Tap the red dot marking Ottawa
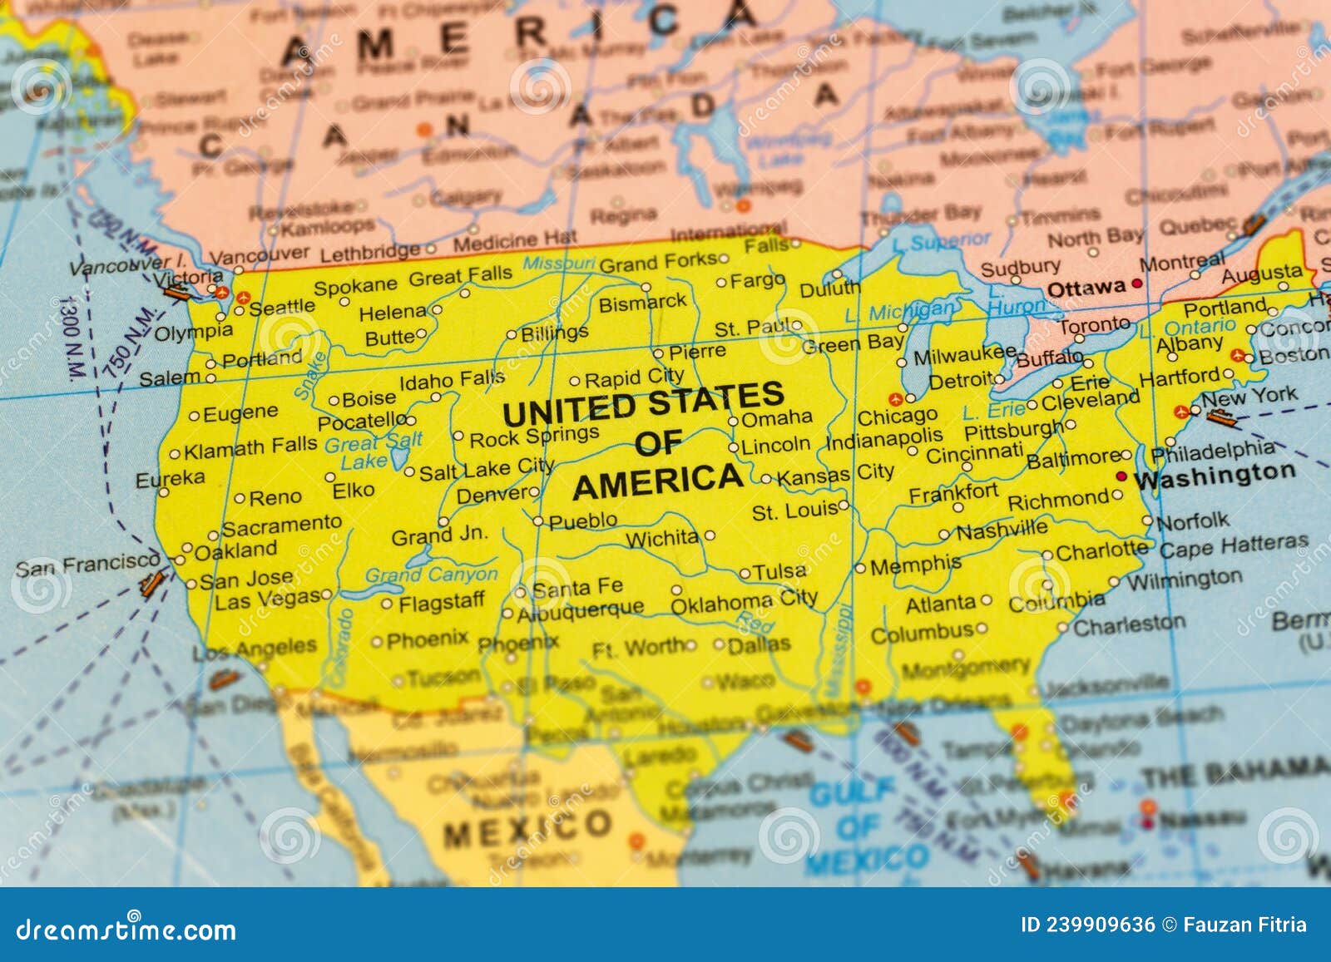click(1137, 284)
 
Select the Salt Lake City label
click(486, 469)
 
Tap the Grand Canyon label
click(431, 574)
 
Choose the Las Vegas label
click(268, 599)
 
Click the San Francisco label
click(87, 565)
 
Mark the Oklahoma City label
click(744, 601)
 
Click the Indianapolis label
click(884, 437)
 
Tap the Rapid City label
click(634, 378)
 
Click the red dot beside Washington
click(1121, 476)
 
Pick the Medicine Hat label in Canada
click(514, 241)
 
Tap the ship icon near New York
click(1220, 417)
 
